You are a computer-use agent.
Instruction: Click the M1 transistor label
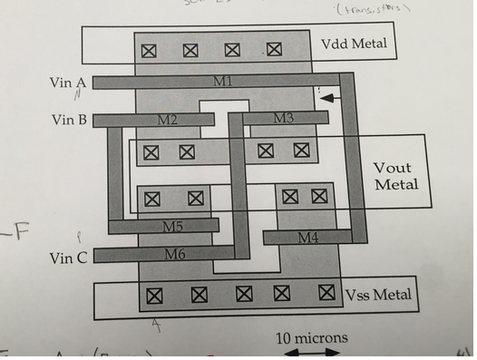coord(223,82)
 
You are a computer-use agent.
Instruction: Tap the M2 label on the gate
coord(168,120)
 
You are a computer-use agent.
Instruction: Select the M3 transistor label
coord(283,118)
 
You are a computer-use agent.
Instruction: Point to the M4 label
coord(308,238)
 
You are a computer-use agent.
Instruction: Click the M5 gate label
coord(172,226)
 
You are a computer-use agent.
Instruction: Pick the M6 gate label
coord(175,255)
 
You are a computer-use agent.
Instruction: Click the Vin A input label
coord(68,83)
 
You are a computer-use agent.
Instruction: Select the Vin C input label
coord(69,258)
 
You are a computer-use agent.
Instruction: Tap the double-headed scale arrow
coord(310,354)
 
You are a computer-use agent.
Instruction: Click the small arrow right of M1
coord(332,97)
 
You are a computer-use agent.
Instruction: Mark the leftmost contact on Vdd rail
coord(149,51)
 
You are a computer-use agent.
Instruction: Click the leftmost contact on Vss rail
coord(154,295)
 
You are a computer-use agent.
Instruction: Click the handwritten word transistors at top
coord(370,8)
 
